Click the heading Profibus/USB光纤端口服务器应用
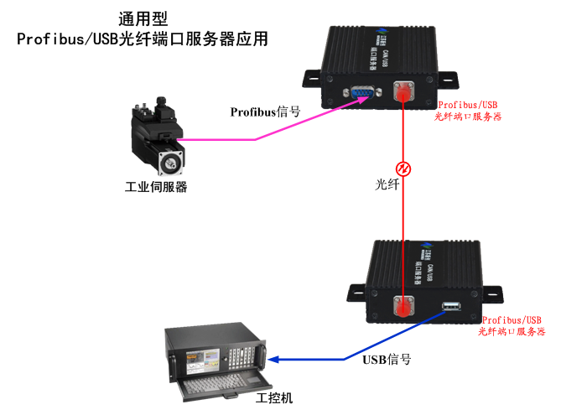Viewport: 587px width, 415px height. click(x=143, y=39)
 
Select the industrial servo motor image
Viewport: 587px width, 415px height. click(x=157, y=137)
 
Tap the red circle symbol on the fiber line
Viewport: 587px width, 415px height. click(x=403, y=169)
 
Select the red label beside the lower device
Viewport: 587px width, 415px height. click(x=512, y=326)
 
